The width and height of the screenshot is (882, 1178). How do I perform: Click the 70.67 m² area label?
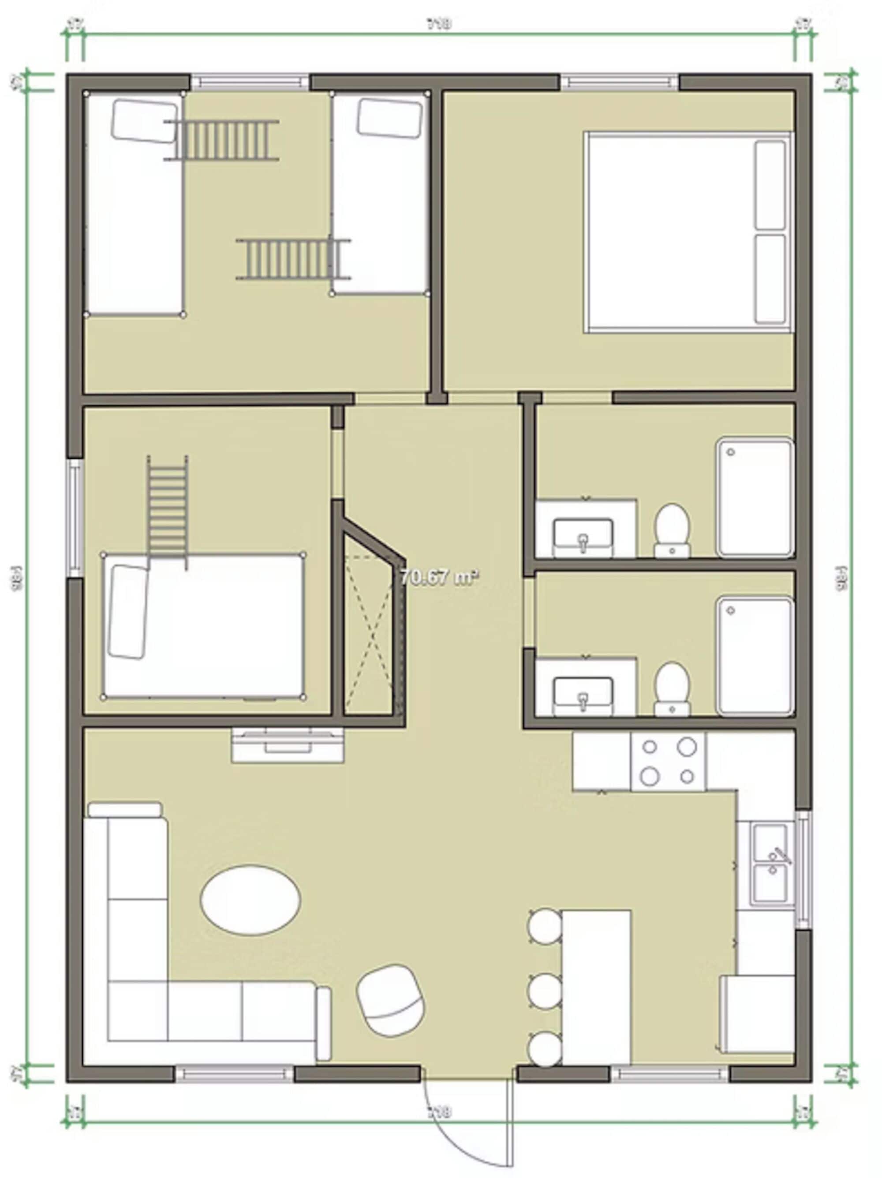[439, 577]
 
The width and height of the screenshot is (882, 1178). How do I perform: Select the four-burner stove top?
[668, 761]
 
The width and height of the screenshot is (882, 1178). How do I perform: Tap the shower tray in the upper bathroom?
[755, 497]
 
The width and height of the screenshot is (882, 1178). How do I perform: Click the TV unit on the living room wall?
[288, 744]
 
